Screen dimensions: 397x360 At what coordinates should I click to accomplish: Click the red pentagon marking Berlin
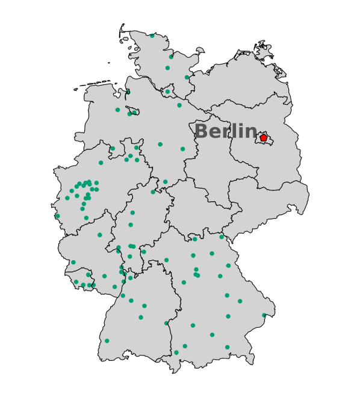[x=263, y=139]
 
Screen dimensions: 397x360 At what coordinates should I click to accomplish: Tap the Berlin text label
[x=226, y=131]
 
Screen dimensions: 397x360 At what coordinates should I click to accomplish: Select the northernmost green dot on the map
[x=152, y=36]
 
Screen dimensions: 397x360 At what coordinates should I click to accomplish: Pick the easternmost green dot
[x=264, y=315]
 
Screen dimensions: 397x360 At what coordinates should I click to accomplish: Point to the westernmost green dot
[x=58, y=216]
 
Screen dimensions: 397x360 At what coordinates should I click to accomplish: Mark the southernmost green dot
[x=176, y=352]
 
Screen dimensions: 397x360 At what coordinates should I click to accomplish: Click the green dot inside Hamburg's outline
[x=167, y=92]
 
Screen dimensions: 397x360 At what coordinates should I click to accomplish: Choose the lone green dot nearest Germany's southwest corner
[x=107, y=341]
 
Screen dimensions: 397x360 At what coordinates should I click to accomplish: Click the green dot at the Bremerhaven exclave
[x=128, y=92]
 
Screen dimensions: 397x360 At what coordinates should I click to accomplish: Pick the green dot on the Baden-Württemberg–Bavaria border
[x=166, y=324]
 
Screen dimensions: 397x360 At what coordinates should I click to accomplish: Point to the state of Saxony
[x=265, y=202]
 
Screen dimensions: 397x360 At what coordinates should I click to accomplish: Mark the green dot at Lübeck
[x=187, y=77]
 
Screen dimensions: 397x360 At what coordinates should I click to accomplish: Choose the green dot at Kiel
[x=171, y=57]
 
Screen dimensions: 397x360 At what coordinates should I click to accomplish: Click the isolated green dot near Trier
[x=73, y=262]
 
